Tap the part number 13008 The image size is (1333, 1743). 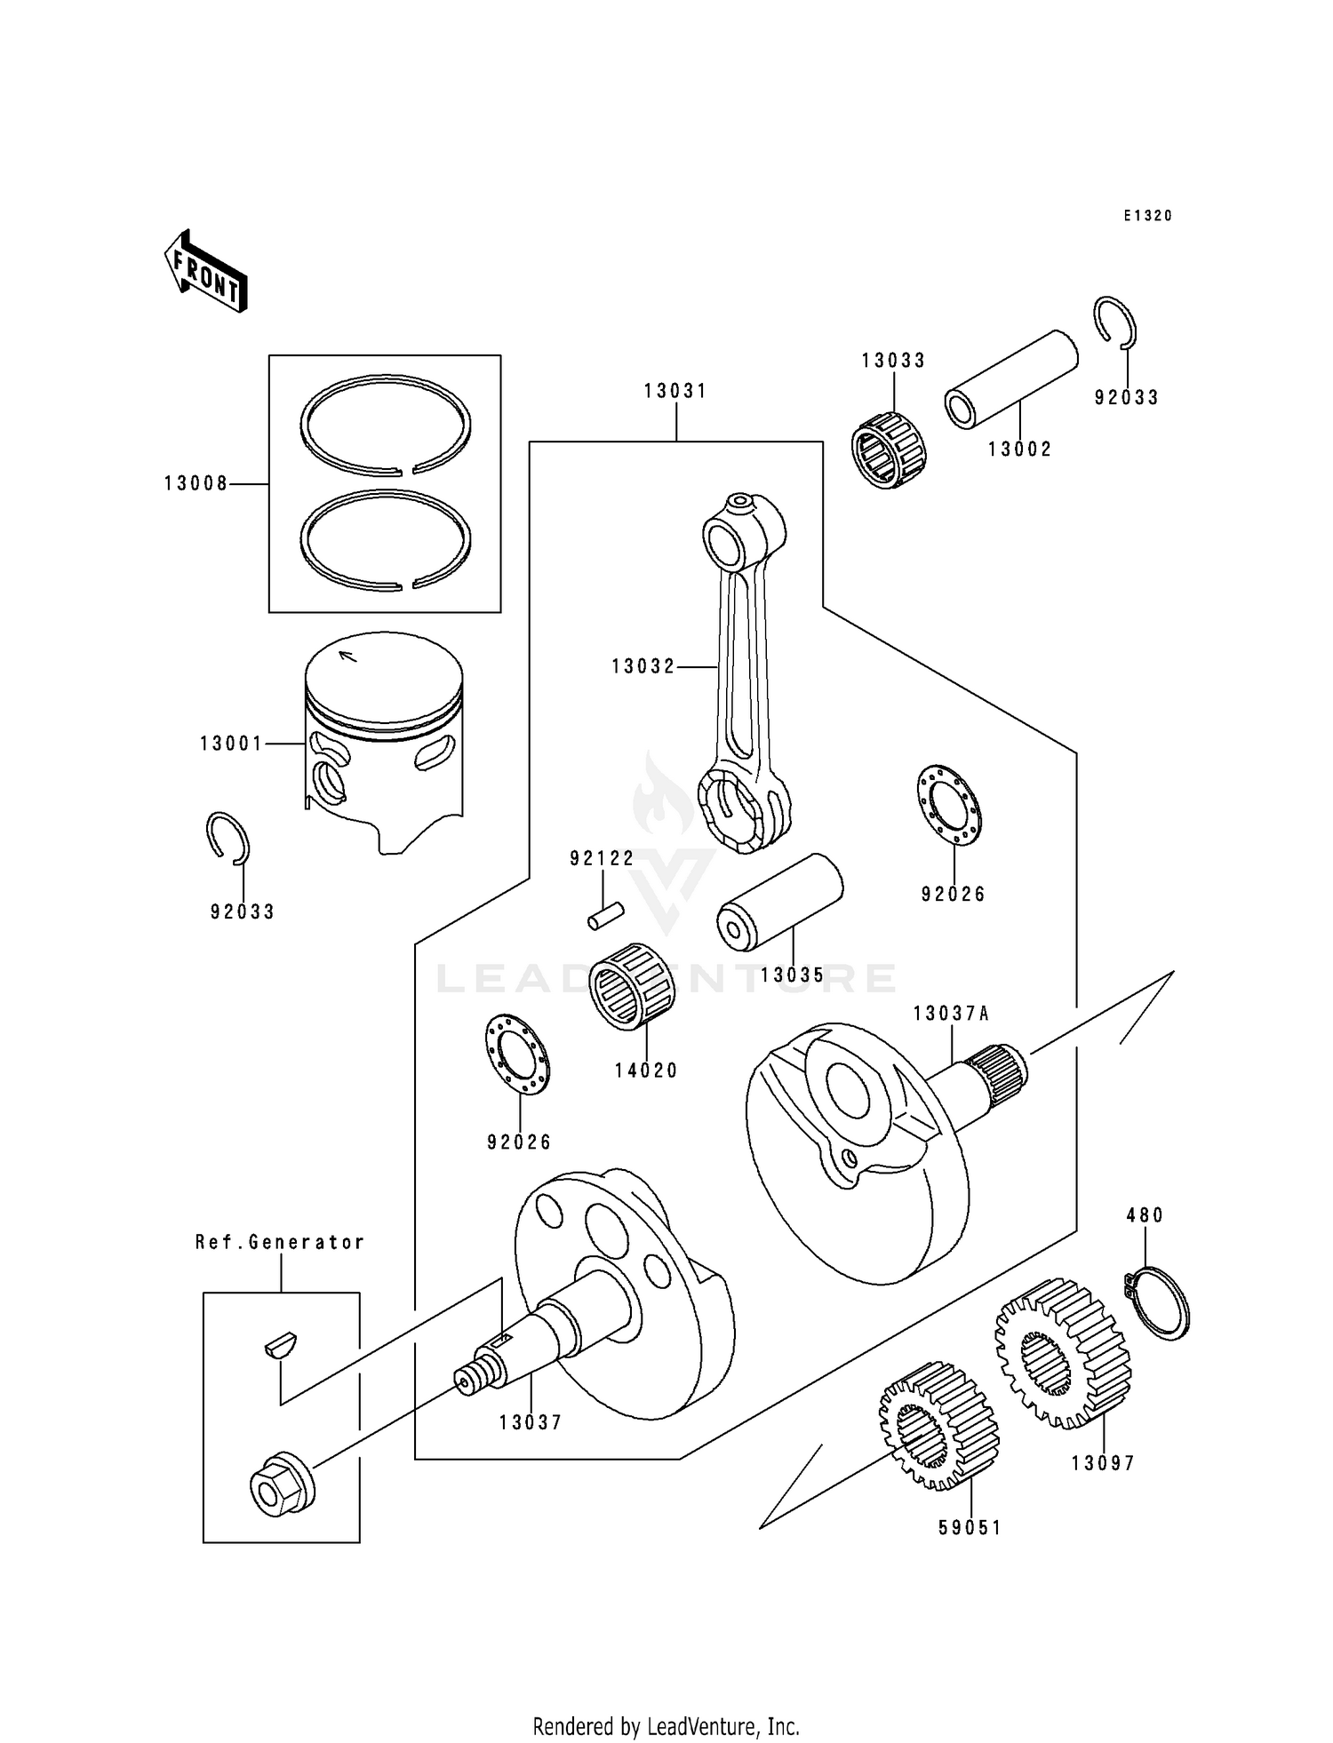click(196, 484)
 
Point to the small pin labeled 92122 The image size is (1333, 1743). click(606, 915)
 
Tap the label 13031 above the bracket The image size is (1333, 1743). click(675, 391)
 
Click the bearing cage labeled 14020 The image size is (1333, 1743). click(631, 986)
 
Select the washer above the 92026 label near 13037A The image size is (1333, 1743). click(948, 804)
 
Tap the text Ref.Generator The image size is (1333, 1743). click(280, 1242)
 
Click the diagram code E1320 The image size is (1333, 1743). click(1147, 216)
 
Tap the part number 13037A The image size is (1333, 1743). click(951, 1014)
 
